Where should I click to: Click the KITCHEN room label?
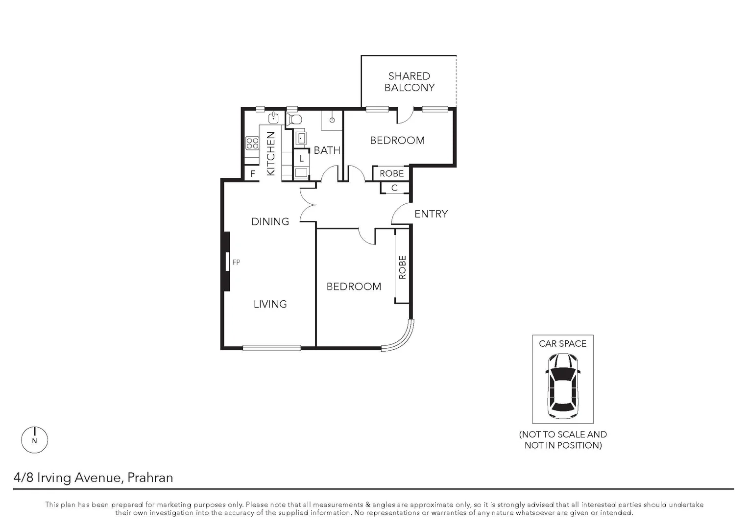(270, 154)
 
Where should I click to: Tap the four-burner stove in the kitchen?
(252, 143)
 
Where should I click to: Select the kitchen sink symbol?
(273, 118)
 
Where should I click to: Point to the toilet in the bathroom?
(294, 119)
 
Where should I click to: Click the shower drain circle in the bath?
(332, 120)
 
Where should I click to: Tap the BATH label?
(327, 150)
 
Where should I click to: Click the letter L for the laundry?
(301, 158)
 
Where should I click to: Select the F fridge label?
(253, 174)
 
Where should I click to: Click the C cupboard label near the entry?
(394, 188)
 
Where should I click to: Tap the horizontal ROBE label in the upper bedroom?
(392, 173)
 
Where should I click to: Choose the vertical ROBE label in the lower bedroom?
(402, 267)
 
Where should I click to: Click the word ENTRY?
(431, 214)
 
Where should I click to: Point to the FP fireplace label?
(236, 263)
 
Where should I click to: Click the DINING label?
(270, 221)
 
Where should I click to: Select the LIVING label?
(270, 304)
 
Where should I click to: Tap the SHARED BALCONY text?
(409, 82)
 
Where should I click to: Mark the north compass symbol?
(34, 440)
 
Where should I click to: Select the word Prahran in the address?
(150, 478)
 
